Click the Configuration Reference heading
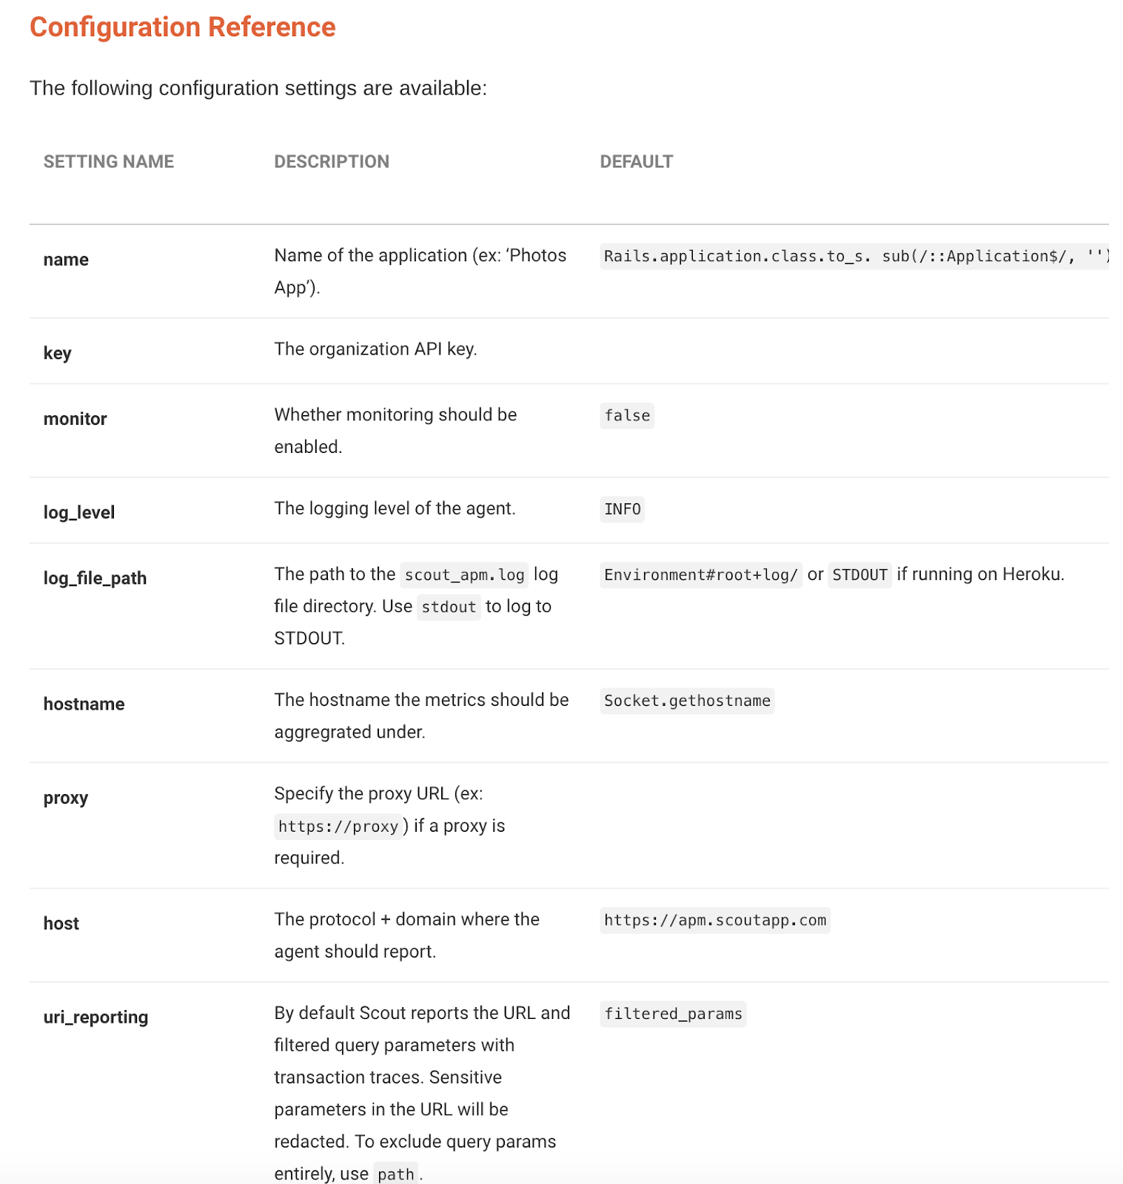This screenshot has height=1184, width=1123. (182, 27)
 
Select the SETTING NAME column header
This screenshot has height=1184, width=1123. (109, 162)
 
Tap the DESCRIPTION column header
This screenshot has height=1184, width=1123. (332, 162)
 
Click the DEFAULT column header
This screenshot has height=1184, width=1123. (636, 162)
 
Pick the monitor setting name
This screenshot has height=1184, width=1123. (75, 419)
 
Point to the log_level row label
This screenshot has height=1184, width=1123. (79, 512)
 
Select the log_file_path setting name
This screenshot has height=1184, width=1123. (95, 578)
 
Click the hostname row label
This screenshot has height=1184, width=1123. (84, 704)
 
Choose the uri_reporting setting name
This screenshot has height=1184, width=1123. (95, 1017)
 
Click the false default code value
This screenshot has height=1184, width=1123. (627, 416)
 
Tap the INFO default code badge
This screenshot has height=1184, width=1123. (622, 509)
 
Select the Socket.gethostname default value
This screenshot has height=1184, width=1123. (687, 701)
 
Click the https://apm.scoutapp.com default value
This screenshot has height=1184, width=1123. (714, 920)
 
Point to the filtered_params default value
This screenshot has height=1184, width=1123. (673, 1014)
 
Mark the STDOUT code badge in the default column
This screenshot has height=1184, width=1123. (859, 575)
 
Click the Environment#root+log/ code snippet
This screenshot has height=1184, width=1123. (700, 575)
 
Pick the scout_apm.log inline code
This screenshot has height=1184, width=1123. (464, 575)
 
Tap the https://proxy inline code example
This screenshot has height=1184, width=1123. (338, 827)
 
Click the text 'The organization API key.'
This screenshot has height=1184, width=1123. (375, 349)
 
